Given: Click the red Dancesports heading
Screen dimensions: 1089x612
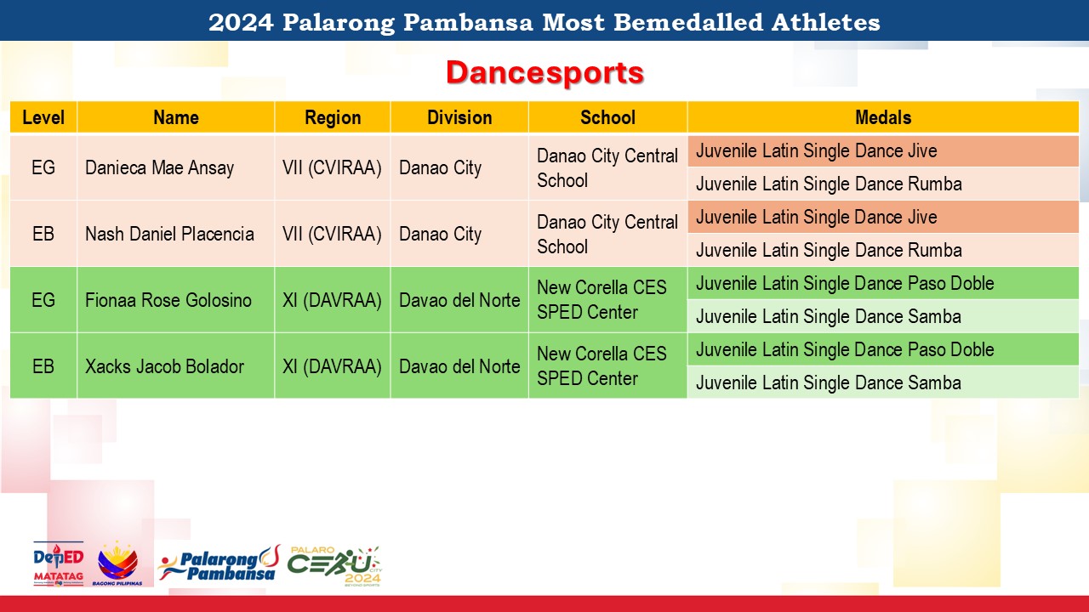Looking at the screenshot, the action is click(x=544, y=73).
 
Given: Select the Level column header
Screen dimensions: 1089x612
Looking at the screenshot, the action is click(x=43, y=117).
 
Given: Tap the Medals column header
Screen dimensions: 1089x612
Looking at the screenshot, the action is click(x=883, y=117).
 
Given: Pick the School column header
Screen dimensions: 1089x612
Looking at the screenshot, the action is click(x=607, y=117).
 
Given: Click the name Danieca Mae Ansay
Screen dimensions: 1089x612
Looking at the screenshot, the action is click(x=159, y=167).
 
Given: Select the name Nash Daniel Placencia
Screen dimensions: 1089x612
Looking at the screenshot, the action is click(x=169, y=234).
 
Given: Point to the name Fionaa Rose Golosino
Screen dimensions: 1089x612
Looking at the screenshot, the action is click(x=168, y=300).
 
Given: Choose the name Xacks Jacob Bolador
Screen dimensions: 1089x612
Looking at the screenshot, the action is click(x=164, y=366).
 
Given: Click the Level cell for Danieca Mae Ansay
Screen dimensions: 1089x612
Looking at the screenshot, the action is click(x=43, y=167).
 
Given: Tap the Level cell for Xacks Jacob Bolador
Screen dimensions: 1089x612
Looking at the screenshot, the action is click(x=43, y=366).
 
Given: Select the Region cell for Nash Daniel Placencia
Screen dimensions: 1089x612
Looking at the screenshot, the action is click(x=332, y=234).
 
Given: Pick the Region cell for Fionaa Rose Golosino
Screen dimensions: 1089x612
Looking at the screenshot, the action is click(x=332, y=300).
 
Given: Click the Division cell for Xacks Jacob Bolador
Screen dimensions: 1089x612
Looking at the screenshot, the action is click(x=459, y=366).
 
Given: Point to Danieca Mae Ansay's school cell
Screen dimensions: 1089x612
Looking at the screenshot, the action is click(x=607, y=168).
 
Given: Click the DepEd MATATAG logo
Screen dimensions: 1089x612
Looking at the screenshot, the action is click(x=59, y=564).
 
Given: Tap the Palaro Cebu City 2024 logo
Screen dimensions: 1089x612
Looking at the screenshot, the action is click(x=334, y=566).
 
